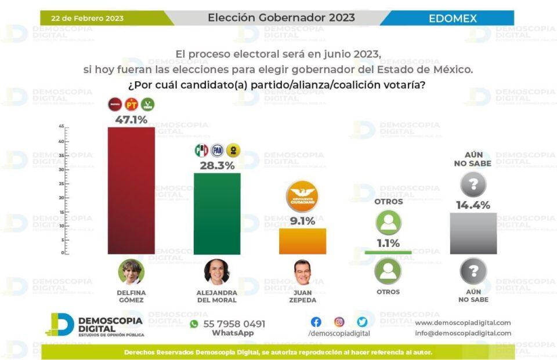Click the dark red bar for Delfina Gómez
tap(131, 190)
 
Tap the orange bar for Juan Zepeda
tap(302, 241)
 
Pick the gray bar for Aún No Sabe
tap(473, 233)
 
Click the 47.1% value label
tap(131, 120)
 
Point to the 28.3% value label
tap(218, 166)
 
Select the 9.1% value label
tap(302, 221)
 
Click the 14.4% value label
tap(473, 205)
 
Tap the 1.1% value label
tap(388, 243)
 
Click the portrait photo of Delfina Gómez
tap(131, 271)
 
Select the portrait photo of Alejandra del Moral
tap(217, 271)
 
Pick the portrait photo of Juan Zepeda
tap(302, 271)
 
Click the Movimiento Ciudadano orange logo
tap(302, 196)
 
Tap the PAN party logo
tap(217, 151)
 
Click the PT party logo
tap(132, 105)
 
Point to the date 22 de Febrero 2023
tap(87, 18)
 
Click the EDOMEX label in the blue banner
tap(453, 19)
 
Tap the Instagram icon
tap(339, 322)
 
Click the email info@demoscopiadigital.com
tap(463, 333)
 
